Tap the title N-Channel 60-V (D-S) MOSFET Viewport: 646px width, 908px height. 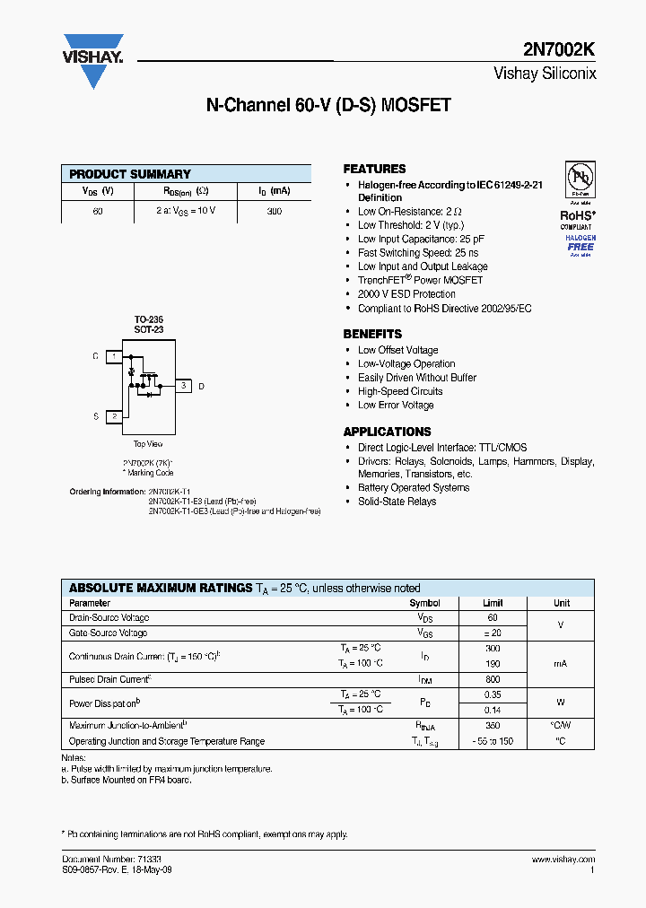[328, 105]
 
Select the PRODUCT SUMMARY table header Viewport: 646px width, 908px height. [130, 174]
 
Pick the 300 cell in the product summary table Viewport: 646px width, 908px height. [275, 212]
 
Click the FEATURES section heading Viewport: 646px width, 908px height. [374, 169]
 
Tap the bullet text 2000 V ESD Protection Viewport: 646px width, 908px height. [406, 294]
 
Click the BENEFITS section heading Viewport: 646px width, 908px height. [372, 334]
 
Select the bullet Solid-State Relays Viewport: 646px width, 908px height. [397, 502]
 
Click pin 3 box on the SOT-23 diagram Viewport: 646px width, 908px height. [183, 386]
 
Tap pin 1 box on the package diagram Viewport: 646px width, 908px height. [113, 356]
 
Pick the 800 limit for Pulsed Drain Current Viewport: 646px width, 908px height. [493, 679]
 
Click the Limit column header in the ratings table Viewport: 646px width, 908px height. [493, 604]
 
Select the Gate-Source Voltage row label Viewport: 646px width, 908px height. [109, 633]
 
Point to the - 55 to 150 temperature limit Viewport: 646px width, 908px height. [493, 742]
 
